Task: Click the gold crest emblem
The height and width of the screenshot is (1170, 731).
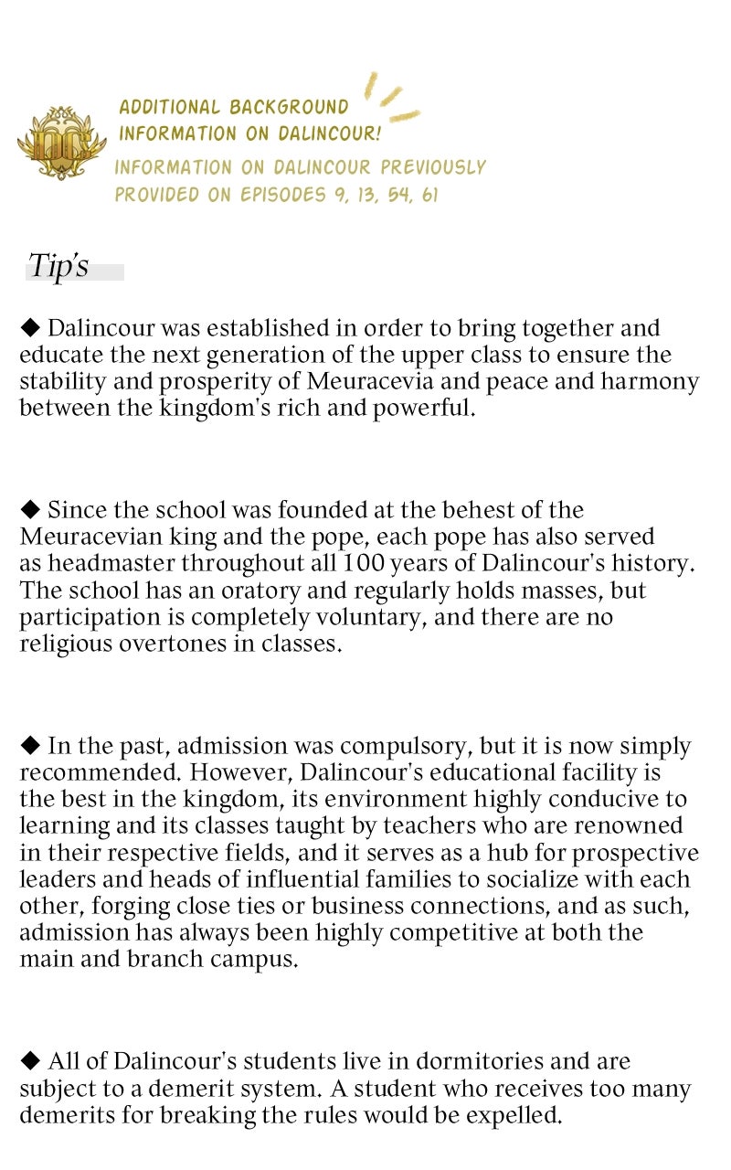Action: pos(61,142)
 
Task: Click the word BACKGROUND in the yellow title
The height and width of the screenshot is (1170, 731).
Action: pos(289,107)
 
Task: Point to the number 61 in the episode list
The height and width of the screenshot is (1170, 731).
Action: pos(429,195)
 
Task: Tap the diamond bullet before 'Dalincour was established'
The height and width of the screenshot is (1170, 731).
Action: pos(30,328)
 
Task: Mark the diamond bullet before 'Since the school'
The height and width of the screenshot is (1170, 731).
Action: pos(30,510)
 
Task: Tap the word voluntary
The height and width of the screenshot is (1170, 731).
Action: pos(365,617)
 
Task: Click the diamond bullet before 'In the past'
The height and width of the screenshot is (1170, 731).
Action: pos(30,746)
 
